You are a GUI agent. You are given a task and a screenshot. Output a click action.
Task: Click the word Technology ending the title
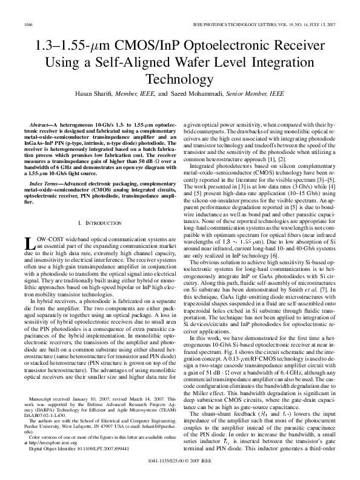tap(180, 79)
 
